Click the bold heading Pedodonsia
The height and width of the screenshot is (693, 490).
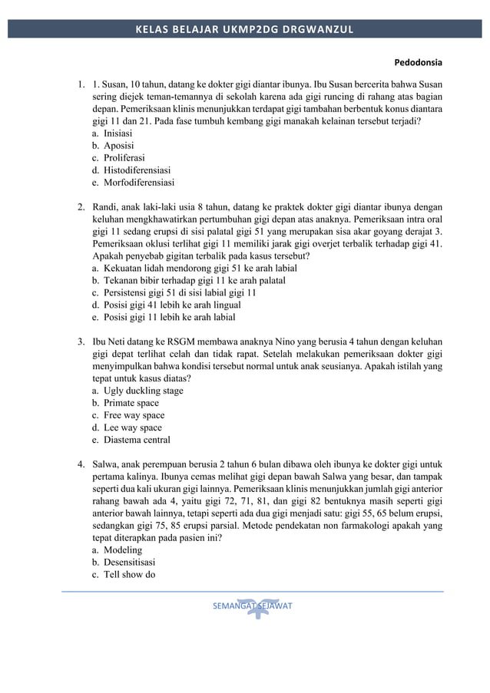point(419,61)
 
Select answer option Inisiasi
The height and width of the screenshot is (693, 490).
point(118,133)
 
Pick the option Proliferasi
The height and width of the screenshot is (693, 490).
point(124,157)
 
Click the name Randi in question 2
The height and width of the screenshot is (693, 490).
point(105,206)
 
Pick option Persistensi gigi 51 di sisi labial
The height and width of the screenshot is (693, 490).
point(180,292)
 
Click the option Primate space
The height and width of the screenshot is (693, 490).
point(131,403)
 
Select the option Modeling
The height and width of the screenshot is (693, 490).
point(122,550)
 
